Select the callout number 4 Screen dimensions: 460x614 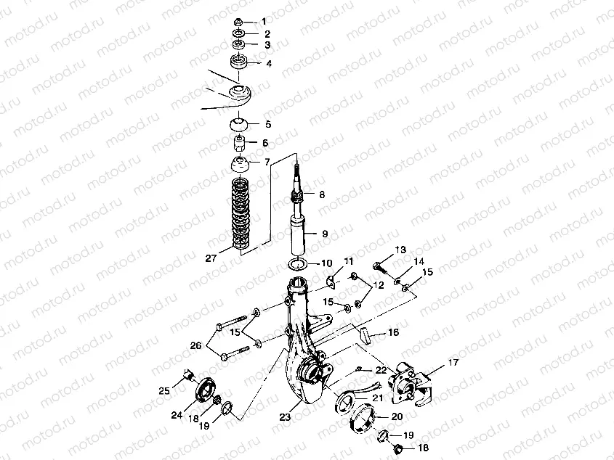click(268, 64)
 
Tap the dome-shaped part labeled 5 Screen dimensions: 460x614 click(240, 123)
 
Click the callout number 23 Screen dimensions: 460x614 click(283, 418)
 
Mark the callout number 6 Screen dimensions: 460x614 click(266, 143)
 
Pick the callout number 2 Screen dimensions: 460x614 click(267, 33)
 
